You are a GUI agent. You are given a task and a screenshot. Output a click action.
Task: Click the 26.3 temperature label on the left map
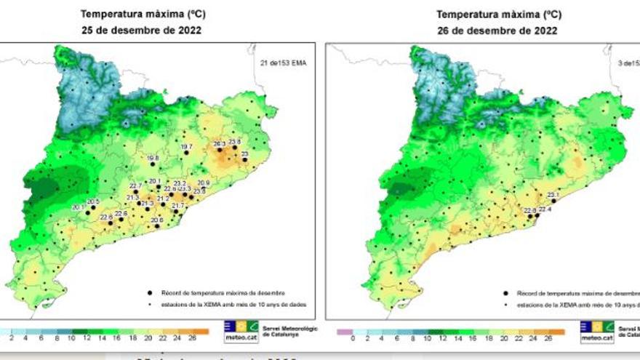[220, 144]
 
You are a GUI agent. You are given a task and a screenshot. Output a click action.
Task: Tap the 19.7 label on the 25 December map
[187, 147]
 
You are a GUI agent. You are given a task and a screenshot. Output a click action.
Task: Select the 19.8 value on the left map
[152, 158]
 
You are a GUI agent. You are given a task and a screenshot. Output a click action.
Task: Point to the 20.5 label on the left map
[93, 201]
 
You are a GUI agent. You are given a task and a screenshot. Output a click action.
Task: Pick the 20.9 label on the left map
[203, 183]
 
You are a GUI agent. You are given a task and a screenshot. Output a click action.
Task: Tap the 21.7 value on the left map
[177, 206]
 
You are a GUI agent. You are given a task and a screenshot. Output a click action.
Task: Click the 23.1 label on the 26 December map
[553, 194]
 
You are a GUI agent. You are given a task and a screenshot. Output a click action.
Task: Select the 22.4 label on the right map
[545, 209]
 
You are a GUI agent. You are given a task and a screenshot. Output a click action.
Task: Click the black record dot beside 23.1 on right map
[554, 201]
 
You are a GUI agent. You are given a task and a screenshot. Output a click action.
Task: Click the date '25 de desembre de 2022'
[141, 31]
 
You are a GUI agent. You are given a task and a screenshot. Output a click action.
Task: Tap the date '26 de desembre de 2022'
[497, 31]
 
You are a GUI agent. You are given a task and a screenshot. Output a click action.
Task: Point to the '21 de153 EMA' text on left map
[283, 63]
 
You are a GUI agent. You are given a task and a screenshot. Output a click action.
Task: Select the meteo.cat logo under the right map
[596, 331]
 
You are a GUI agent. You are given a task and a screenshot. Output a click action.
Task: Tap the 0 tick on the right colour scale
[352, 339]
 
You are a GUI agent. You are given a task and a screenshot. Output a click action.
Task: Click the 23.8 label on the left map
[234, 142]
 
